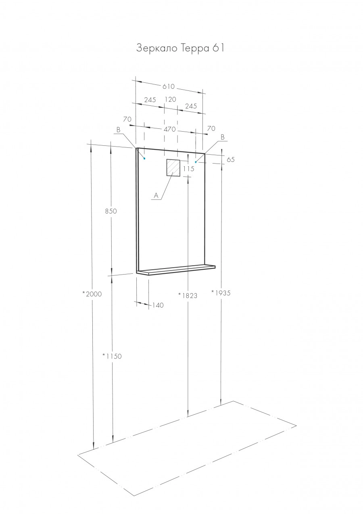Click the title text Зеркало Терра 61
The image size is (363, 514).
(180, 48)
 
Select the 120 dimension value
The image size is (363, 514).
(171, 99)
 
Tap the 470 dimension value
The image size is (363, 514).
(169, 130)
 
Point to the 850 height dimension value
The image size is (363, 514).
(111, 211)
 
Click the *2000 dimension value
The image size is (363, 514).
(92, 294)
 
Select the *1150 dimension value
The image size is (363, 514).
(112, 356)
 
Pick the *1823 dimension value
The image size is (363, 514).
(188, 295)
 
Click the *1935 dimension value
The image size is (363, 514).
(221, 293)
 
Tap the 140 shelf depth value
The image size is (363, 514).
(158, 306)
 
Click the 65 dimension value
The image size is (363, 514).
(231, 159)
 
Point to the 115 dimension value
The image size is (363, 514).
(188, 169)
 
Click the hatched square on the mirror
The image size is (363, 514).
(173, 168)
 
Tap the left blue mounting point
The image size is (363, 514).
(144, 158)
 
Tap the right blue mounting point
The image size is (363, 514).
(196, 162)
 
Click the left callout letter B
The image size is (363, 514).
(119, 130)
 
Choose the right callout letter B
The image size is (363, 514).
(222, 137)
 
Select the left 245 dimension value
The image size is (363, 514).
(150, 99)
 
